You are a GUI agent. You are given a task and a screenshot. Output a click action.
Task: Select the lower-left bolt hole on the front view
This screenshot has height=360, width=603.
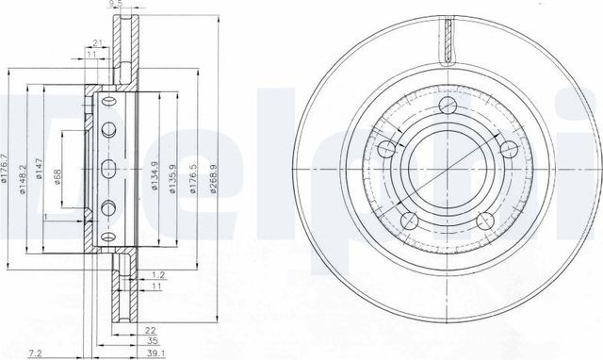click(x=410, y=220)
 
